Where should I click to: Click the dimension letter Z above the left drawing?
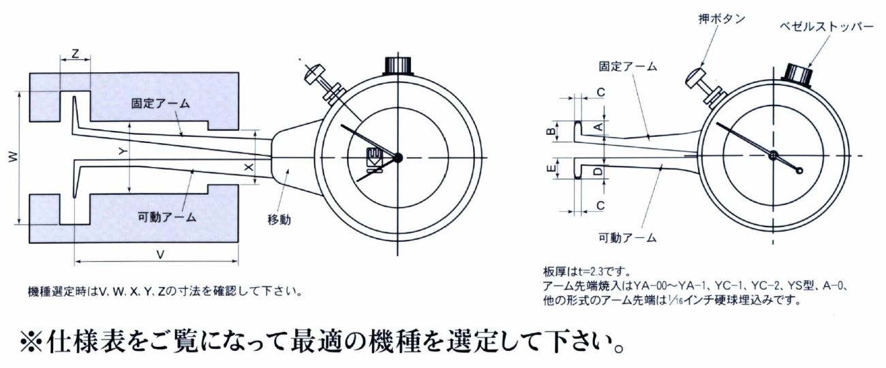(75, 53)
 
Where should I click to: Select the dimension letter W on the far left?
(13, 157)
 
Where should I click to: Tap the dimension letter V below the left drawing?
(160, 255)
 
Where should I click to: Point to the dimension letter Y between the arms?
(123, 152)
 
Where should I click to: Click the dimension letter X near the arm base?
(249, 168)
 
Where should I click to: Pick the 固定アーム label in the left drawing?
(161, 104)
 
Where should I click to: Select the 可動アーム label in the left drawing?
(167, 217)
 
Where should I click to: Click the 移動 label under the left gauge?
(279, 219)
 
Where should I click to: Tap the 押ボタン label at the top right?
(722, 19)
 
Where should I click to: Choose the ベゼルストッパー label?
(827, 27)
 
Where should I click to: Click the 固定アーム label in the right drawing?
(628, 67)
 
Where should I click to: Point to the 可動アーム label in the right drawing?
(628, 238)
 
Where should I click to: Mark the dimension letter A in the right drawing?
(599, 127)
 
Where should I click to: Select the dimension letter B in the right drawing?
(551, 132)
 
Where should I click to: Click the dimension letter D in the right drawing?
(599, 171)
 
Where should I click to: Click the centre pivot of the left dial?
(398, 157)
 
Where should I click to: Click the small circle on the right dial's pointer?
(799, 171)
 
